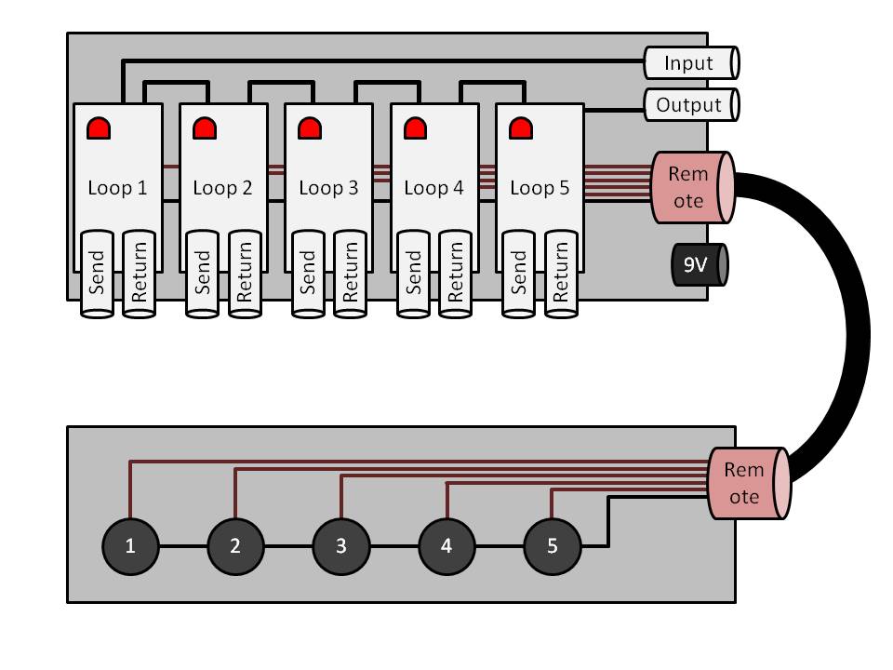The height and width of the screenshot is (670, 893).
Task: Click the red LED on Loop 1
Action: point(98,127)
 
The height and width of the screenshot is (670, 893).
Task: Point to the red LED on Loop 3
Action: point(309,127)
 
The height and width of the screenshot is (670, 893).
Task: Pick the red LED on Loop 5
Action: point(520,127)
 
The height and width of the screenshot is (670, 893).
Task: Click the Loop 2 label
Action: point(222,188)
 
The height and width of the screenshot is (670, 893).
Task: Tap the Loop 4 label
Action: point(433,188)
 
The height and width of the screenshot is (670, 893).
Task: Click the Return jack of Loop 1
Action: point(140,273)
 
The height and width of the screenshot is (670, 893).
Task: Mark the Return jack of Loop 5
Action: point(561,273)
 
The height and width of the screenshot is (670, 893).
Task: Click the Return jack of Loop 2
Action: point(245,273)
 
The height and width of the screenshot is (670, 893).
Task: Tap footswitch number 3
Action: point(340,546)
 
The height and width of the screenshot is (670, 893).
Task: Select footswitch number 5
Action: point(552,546)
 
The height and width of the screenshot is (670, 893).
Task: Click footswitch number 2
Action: point(234,546)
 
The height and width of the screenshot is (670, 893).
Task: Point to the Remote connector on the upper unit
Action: point(692,187)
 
